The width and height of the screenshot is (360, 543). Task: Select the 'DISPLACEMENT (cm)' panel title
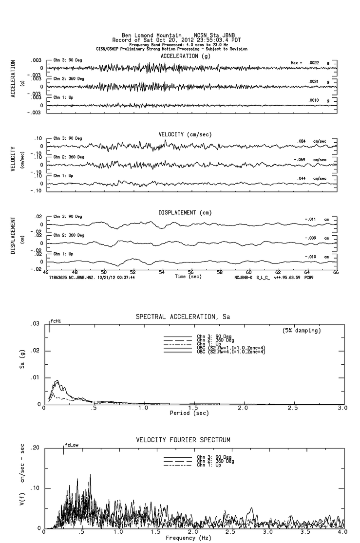[184, 213]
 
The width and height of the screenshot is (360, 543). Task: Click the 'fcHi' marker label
[56, 321]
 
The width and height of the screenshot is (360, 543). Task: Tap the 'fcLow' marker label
[72, 445]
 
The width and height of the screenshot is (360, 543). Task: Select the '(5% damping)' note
[302, 331]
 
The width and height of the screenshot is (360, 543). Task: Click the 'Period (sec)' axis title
[189, 413]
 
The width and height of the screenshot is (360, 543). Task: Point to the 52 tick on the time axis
[133, 272]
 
